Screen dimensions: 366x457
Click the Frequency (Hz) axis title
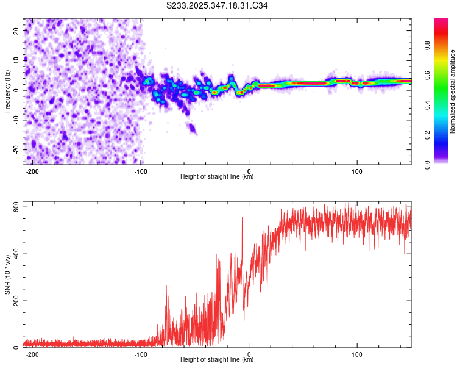coord(7,91)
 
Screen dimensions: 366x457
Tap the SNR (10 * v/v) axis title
coord(7,274)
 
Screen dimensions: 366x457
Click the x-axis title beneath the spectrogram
coord(217,177)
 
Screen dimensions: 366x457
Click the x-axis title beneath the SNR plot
coord(217,360)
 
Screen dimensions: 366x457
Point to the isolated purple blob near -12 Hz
coord(192,128)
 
